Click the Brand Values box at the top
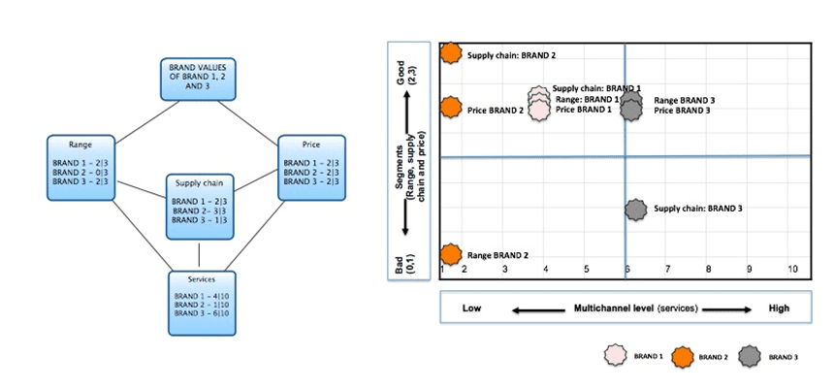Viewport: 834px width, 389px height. [198, 78]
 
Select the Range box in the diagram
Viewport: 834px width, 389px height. [81, 168]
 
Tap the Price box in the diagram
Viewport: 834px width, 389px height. [311, 168]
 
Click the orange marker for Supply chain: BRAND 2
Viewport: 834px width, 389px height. [451, 52]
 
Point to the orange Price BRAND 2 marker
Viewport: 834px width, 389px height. [451, 109]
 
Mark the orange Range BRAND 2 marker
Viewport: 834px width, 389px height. [451, 253]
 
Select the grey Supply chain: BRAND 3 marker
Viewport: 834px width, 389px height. [635, 209]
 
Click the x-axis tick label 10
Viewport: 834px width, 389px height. [792, 269]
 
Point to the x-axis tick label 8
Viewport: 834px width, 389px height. [709, 269]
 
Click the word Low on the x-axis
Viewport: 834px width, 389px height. [472, 308]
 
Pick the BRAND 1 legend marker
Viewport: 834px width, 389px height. [614, 356]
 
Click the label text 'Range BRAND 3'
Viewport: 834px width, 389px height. [685, 100]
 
